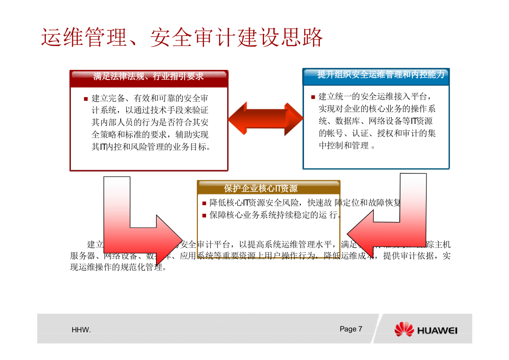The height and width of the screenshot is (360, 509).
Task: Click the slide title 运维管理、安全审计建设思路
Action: (182, 38)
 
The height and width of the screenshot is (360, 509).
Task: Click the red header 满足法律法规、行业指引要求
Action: (148, 77)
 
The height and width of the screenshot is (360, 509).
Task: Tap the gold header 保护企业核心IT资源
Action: (268, 188)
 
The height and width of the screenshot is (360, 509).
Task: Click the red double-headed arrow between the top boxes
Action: (265, 119)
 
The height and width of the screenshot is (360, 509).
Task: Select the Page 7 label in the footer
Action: (351, 329)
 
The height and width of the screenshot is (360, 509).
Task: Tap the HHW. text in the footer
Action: (81, 330)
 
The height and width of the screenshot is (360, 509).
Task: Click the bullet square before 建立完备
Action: (86, 99)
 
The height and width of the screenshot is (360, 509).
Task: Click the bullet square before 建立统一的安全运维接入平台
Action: (313, 97)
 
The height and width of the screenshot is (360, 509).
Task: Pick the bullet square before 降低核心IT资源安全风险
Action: (204, 203)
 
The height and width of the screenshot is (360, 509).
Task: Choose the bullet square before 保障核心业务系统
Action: (204, 216)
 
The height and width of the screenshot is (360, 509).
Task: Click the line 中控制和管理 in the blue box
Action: (347, 146)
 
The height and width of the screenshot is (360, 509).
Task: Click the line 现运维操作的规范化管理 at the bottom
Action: (118, 267)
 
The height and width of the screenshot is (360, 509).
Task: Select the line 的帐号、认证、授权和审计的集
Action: (377, 134)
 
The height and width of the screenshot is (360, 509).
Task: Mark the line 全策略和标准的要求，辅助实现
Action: (150, 135)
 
